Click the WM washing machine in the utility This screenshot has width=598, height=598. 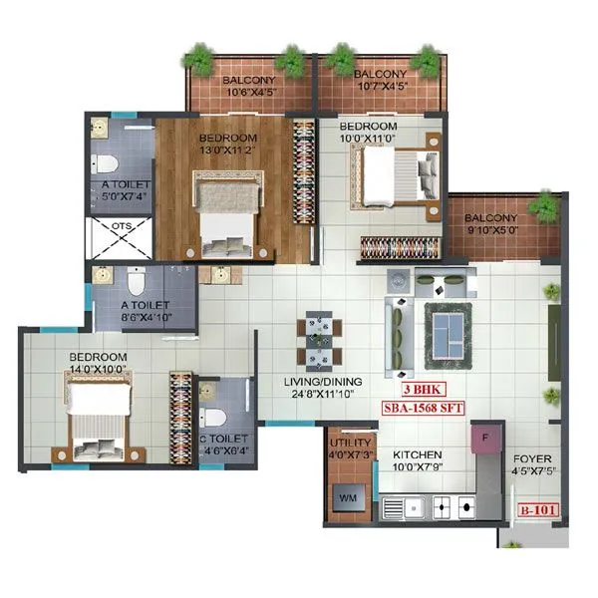[x=349, y=494]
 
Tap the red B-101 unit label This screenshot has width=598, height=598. [x=538, y=512]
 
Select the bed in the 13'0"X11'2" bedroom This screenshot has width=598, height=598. [x=227, y=213]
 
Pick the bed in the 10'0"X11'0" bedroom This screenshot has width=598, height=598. [x=398, y=176]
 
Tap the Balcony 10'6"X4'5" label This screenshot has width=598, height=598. [x=249, y=87]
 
